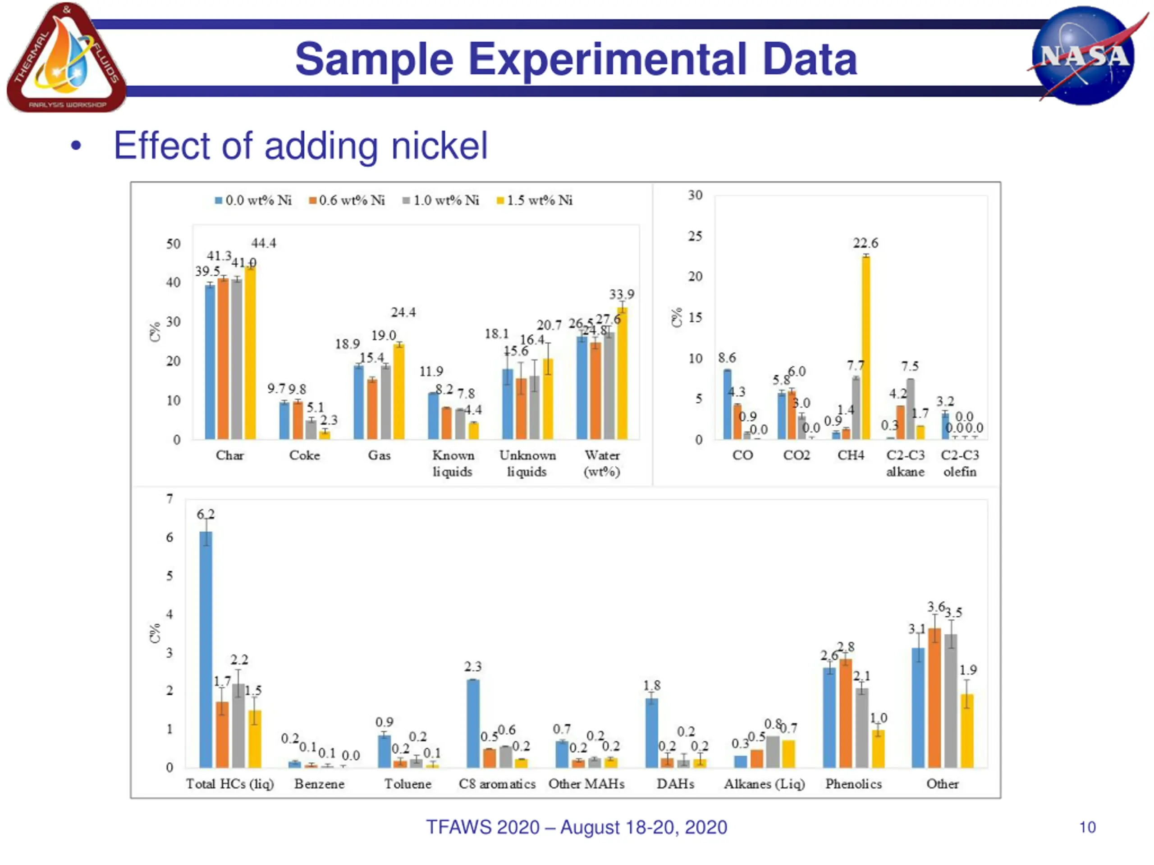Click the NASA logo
[1084, 55]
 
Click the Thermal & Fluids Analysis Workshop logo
[66, 57]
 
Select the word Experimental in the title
[607, 59]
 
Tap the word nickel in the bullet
[439, 146]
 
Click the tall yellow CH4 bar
[865, 347]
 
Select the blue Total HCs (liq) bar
[206, 649]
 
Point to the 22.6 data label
[865, 243]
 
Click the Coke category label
[305, 455]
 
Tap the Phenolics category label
[853, 783]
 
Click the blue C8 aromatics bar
[473, 723]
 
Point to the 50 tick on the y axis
[173, 244]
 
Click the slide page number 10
[1087, 828]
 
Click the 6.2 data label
[206, 514]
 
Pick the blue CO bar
[727, 404]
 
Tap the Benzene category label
[319, 783]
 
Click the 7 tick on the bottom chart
[169, 499]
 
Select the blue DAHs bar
[651, 733]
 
